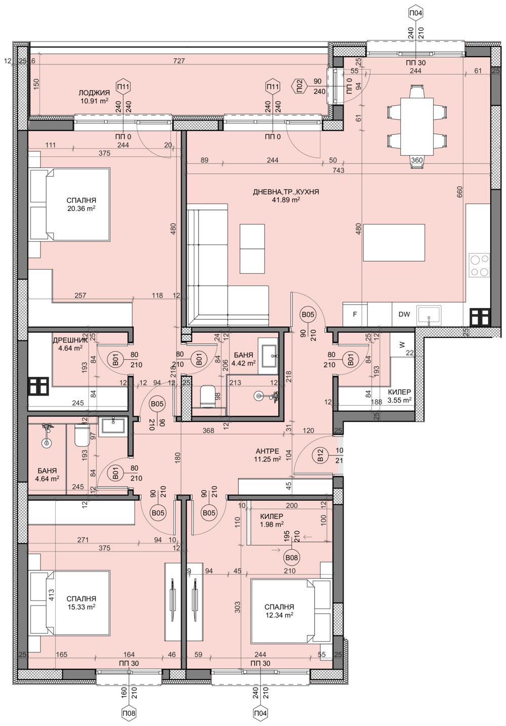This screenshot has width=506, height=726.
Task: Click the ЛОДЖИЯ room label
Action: click(94, 93)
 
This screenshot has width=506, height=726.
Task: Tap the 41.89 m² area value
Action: click(287, 200)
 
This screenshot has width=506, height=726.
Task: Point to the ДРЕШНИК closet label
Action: click(70, 340)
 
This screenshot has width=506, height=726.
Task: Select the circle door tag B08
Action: click(291, 558)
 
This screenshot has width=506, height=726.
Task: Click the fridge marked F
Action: click(355, 314)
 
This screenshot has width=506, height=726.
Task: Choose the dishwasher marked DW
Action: click(404, 314)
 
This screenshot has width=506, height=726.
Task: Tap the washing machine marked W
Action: click(402, 345)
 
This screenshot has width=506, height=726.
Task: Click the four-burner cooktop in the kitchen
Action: click(480, 265)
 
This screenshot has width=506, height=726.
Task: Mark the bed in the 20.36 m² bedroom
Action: click(70, 204)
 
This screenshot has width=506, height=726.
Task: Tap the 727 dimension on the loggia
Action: click(179, 61)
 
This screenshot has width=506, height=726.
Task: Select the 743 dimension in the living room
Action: click(338, 170)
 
